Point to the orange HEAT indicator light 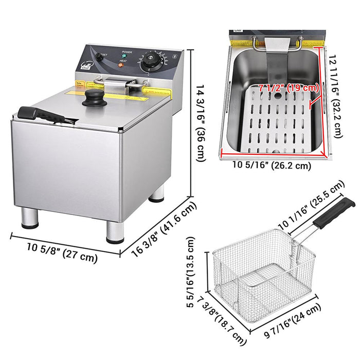pyautogui.click(x=120, y=66)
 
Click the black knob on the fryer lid pyautogui.click(x=93, y=97)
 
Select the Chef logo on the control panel pyautogui.click(x=86, y=66)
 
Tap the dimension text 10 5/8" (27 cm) pyautogui.click(x=63, y=251)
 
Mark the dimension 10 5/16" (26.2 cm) pyautogui.click(x=272, y=166)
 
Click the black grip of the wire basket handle pyautogui.click(x=334, y=212)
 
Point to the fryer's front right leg pyautogui.click(x=115, y=232)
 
